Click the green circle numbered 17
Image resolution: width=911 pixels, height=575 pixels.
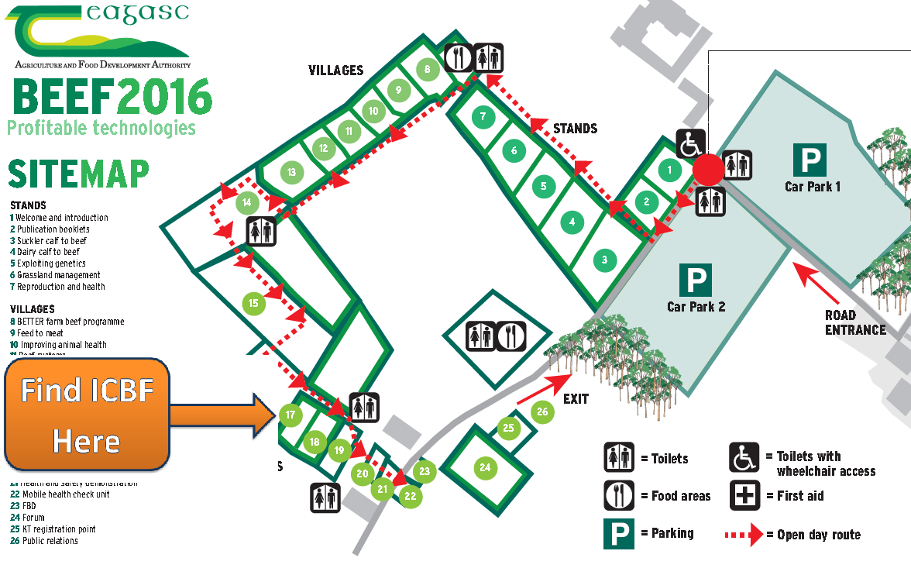[290, 415]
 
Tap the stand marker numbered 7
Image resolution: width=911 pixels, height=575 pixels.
[483, 117]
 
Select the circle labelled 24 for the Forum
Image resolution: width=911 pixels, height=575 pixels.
[485, 467]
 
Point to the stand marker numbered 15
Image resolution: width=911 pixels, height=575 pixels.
[253, 302]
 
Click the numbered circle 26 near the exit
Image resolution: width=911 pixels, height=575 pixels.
[542, 411]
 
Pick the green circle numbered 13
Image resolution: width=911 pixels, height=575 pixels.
[291, 172]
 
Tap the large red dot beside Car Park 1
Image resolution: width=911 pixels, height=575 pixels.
[707, 169]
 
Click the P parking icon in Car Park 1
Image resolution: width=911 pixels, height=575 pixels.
[810, 159]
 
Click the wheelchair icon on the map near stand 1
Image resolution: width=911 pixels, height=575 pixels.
[691, 144]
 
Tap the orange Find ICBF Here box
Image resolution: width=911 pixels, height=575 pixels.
[87, 414]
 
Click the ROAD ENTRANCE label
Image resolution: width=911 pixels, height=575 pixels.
[854, 322]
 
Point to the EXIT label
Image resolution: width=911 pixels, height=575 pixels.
[576, 399]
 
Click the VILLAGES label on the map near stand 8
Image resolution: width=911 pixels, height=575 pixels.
[335, 71]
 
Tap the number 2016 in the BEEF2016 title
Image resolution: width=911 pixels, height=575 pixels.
[165, 98]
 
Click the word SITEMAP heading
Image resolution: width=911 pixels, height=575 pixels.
[78, 174]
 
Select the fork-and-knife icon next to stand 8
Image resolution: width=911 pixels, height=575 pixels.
[459, 57]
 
